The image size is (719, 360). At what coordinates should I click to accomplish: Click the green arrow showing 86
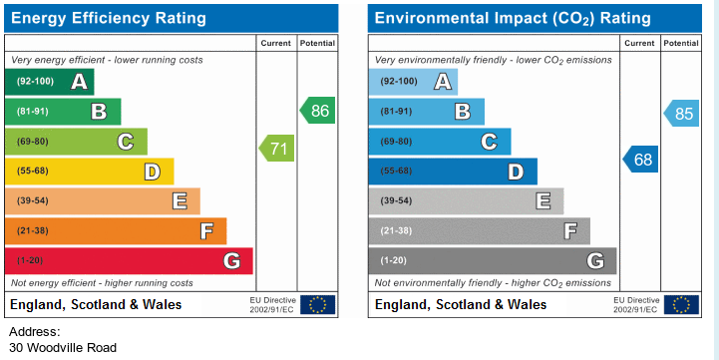tap(318, 111)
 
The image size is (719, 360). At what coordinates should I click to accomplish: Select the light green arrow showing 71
tap(276, 149)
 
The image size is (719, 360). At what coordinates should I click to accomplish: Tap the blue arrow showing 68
tap(640, 160)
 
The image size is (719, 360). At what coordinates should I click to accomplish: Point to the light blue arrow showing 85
tap(681, 114)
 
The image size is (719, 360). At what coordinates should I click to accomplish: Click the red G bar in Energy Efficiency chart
tap(129, 261)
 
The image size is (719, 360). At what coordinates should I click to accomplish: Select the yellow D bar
tap(90, 172)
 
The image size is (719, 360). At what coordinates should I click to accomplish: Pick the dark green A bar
tap(50, 82)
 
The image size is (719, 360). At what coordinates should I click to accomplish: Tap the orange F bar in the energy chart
tap(116, 231)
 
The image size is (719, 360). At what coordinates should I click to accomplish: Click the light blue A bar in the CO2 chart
tap(413, 82)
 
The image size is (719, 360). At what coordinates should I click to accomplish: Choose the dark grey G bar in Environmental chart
tap(493, 261)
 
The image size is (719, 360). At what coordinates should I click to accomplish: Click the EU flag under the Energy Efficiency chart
tap(318, 304)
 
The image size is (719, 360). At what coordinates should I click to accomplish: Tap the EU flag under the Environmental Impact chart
tap(681, 304)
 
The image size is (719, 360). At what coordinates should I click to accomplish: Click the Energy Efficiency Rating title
tap(109, 18)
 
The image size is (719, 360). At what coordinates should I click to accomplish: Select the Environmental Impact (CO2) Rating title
tap(513, 18)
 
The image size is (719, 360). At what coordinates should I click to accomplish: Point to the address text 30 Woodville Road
tap(63, 348)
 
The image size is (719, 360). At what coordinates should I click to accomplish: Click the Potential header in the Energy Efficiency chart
tap(317, 43)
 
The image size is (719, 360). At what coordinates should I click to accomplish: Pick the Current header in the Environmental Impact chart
tap(639, 43)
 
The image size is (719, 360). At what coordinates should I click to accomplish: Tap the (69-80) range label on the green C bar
tap(32, 142)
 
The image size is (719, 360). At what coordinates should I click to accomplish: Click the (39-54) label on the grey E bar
tap(396, 200)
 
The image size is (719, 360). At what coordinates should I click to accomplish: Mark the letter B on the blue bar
tap(463, 112)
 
